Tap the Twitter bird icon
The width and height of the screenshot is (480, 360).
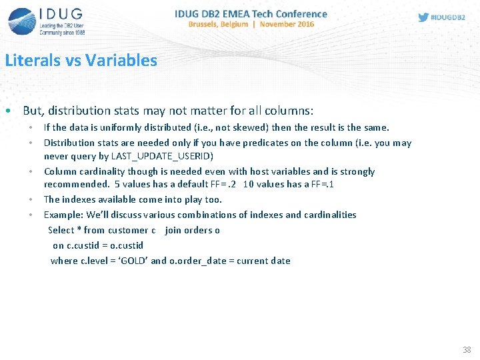pyautogui.click(x=423, y=17)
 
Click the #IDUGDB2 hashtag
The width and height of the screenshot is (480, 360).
pyautogui.click(x=449, y=17)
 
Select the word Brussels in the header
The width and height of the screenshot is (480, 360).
pyautogui.click(x=207, y=24)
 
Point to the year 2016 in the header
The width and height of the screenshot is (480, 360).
pyautogui.click(x=305, y=24)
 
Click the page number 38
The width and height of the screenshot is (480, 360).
pyautogui.click(x=467, y=350)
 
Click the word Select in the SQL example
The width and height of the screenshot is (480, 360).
pyautogui.click(x=61, y=230)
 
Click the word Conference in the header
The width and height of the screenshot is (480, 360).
pyautogui.click(x=298, y=13)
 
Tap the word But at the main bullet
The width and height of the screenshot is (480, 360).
pyautogui.click(x=32, y=111)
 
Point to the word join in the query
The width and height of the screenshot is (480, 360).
pyautogui.click(x=173, y=230)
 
